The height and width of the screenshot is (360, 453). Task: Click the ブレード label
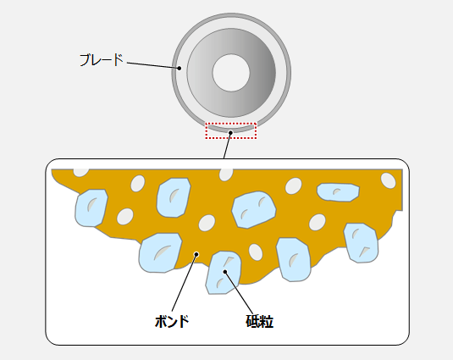click(x=102, y=60)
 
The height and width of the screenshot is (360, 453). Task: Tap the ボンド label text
click(x=172, y=321)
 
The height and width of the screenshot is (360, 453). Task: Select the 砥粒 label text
click(x=259, y=321)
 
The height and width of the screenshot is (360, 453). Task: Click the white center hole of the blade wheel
click(x=231, y=73)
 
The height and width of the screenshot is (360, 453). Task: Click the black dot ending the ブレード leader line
click(x=180, y=68)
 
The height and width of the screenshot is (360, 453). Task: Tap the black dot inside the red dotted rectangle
click(x=230, y=133)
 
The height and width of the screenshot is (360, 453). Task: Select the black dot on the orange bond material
click(x=196, y=254)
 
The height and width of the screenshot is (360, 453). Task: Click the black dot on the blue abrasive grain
click(x=225, y=272)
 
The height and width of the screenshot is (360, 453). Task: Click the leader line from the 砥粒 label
click(x=239, y=292)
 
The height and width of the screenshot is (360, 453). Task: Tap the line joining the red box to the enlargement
click(x=227, y=146)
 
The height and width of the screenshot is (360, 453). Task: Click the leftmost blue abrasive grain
click(x=91, y=208)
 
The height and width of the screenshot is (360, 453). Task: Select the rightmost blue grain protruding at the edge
click(x=361, y=243)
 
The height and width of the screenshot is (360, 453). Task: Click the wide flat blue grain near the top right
click(x=338, y=192)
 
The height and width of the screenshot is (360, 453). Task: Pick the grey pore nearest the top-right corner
click(x=388, y=180)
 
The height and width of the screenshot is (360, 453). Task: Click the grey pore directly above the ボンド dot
click(x=207, y=223)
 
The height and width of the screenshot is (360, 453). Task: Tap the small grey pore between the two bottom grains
click(x=256, y=252)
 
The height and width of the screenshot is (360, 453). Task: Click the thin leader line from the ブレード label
click(x=152, y=65)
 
